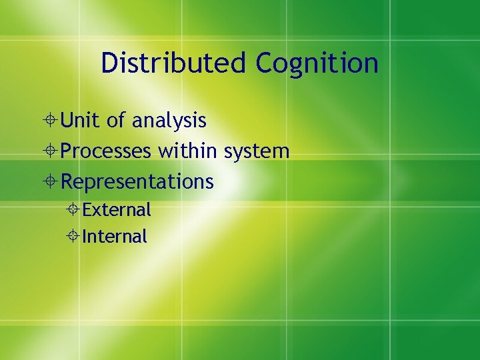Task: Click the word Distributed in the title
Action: point(174,63)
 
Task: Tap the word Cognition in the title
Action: point(317,64)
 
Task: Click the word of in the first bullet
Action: point(116,121)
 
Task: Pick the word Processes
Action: point(106,151)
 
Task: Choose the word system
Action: point(257,152)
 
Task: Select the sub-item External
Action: point(117,210)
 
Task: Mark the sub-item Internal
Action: point(115,237)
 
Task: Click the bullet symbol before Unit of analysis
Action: point(51,121)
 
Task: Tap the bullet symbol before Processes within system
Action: point(51,151)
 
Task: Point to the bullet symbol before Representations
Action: point(51,181)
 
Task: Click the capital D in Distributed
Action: point(109,63)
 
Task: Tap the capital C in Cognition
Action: point(265,63)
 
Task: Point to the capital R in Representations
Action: point(67,181)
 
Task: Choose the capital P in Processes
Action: point(67,151)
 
